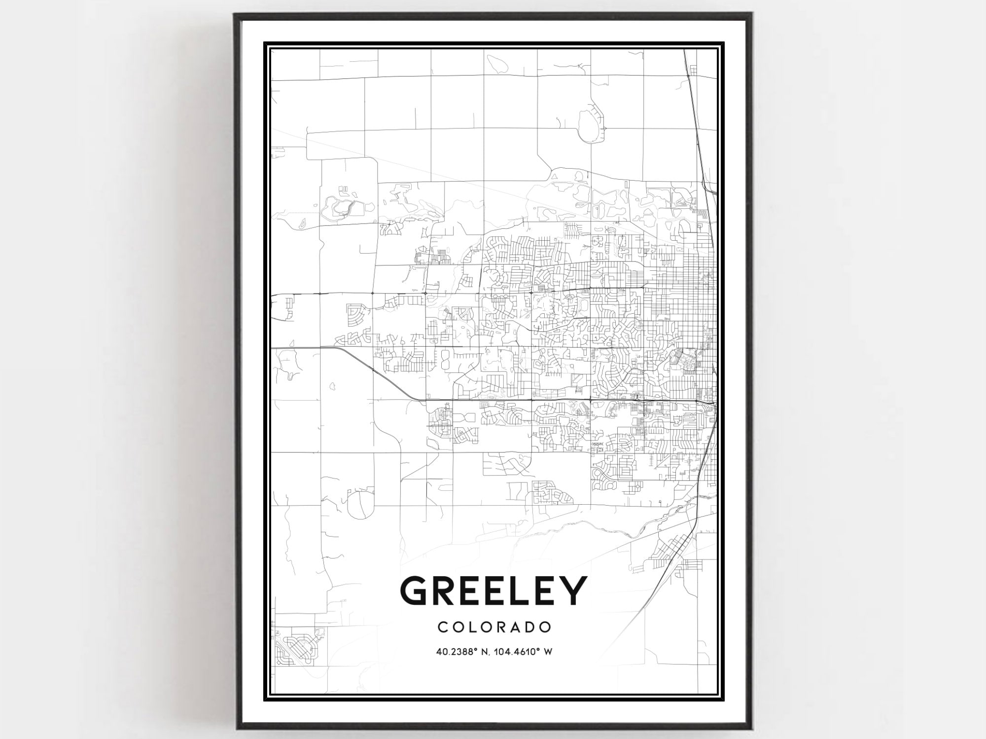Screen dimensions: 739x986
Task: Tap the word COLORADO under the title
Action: [494, 627]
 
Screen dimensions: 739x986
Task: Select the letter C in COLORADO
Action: [442, 627]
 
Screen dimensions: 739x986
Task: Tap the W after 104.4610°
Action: [547, 652]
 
